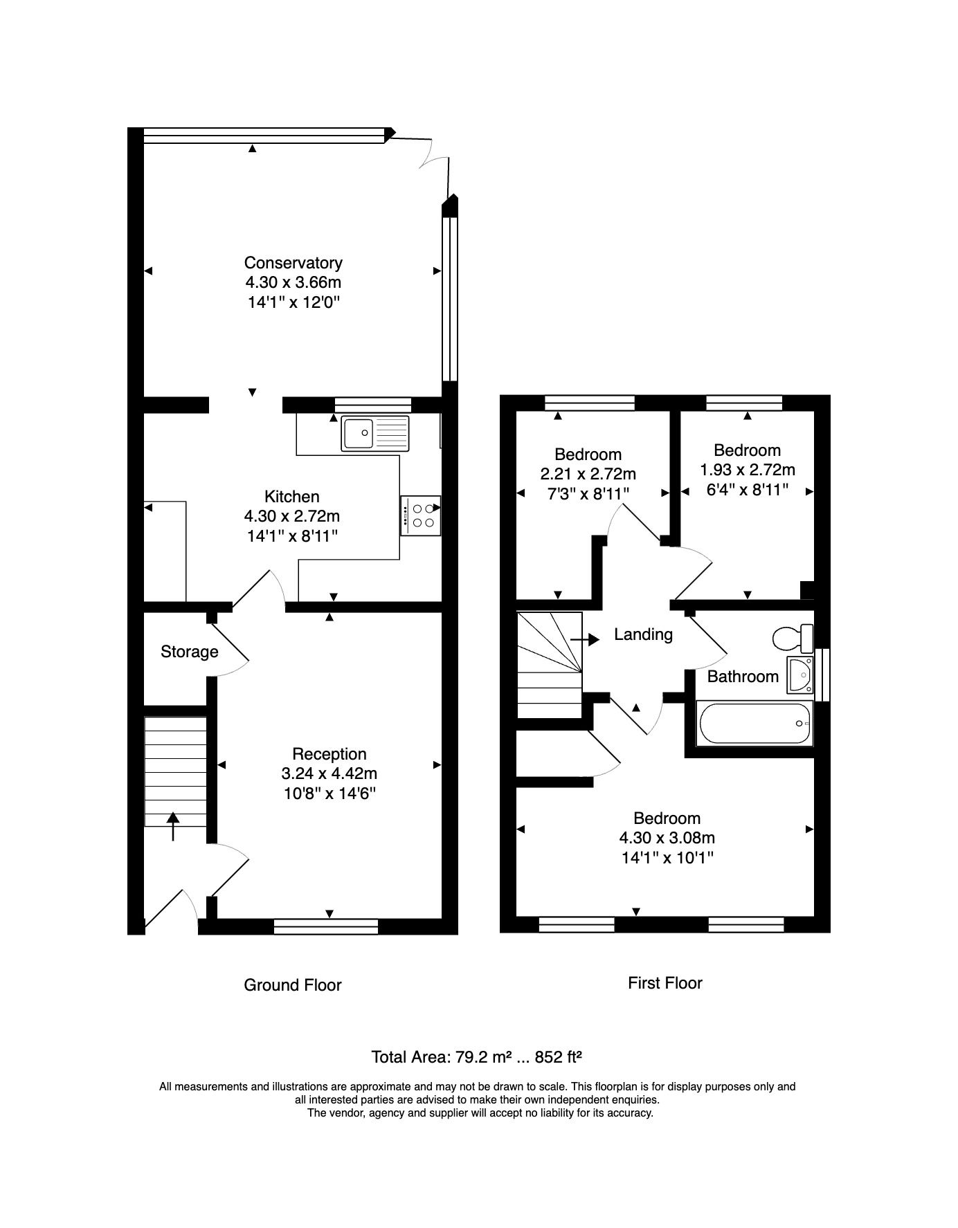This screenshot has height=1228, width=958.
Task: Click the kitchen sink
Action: [x=375, y=434]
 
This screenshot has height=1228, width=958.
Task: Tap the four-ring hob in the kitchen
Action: [x=420, y=515]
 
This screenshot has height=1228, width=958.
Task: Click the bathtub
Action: [x=755, y=723]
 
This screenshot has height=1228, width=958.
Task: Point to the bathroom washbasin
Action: [x=800, y=674]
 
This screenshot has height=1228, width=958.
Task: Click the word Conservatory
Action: [x=293, y=263]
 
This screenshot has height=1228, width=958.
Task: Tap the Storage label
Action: [x=190, y=652]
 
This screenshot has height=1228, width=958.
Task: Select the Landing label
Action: [x=644, y=634]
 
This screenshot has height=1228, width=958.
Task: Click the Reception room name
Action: [x=329, y=754]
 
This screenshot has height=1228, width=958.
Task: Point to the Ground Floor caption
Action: [x=293, y=985]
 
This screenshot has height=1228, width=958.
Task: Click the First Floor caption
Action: [x=665, y=983]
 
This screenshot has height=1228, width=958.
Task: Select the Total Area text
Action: [x=476, y=1057]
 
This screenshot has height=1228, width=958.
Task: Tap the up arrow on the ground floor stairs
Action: [x=173, y=826]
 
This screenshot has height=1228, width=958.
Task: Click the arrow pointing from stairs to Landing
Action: [x=585, y=639]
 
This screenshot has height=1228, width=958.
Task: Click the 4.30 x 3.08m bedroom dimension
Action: [x=667, y=838]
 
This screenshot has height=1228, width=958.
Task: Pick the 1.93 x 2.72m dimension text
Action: [x=748, y=470]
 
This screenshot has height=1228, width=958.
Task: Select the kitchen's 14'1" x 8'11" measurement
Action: [x=292, y=535]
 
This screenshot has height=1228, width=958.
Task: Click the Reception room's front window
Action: [x=326, y=926]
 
